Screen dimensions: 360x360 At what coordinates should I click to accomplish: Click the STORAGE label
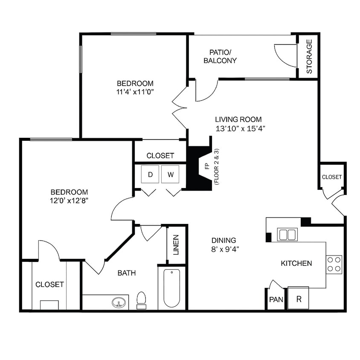coord(309,56)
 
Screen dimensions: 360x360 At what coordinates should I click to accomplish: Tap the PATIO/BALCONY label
coord(220,56)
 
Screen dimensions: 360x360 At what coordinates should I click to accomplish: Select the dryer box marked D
coord(150,174)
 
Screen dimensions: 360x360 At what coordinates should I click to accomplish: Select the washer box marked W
coord(170,174)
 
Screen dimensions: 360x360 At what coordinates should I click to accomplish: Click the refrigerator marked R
coord(299,299)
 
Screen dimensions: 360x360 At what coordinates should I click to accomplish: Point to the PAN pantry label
coord(276,299)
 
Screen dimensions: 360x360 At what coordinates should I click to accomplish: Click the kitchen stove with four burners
coord(334,264)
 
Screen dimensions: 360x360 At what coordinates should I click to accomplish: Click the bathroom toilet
coord(141,299)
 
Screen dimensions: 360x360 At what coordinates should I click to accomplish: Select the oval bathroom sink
coord(119,303)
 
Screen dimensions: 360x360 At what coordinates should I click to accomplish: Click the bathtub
coord(172,287)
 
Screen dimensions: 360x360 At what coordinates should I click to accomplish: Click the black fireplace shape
coord(200,168)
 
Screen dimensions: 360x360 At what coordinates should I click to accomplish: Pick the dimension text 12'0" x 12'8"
coord(69,200)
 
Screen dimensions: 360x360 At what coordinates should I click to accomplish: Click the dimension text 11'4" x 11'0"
coord(135,91)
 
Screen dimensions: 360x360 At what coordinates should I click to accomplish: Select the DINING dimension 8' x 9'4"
coord(224,250)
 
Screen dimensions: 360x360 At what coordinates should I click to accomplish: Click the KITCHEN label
coord(296,263)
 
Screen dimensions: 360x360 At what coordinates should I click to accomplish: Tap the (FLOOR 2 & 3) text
coord(216,166)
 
